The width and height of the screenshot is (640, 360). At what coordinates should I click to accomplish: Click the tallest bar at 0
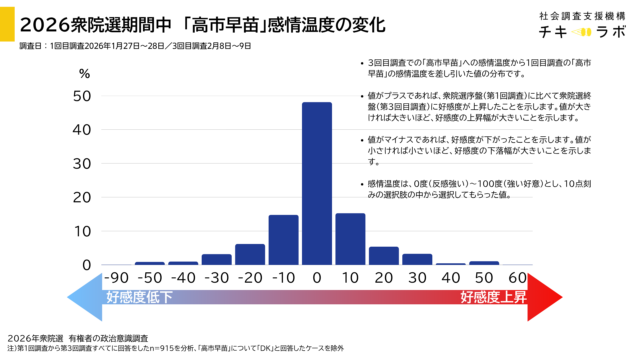(317, 184)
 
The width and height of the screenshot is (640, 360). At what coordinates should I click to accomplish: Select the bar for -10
(283, 240)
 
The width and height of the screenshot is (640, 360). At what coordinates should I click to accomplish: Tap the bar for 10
(350, 239)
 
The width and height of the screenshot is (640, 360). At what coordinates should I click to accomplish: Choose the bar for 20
(384, 256)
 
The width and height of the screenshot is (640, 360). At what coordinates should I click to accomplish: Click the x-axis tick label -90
(116, 277)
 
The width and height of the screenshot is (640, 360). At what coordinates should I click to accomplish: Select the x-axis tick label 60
(518, 277)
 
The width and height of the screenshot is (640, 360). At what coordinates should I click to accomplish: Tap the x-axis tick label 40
(451, 277)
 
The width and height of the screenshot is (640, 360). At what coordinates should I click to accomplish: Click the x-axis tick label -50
(149, 277)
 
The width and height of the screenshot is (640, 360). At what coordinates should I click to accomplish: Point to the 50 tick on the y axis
(85, 96)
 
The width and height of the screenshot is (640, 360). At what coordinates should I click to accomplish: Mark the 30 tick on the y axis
(85, 163)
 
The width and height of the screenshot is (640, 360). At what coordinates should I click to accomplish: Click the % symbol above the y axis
(85, 74)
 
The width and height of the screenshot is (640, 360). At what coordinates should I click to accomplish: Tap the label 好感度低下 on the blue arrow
(139, 298)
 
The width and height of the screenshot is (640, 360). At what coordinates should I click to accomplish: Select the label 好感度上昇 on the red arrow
(494, 298)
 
